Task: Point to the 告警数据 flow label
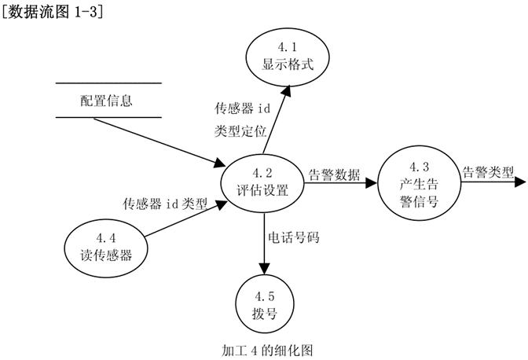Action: pyautogui.click(x=335, y=174)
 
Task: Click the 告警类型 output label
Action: pyautogui.click(x=487, y=172)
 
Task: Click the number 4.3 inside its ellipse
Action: pyautogui.click(x=419, y=167)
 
